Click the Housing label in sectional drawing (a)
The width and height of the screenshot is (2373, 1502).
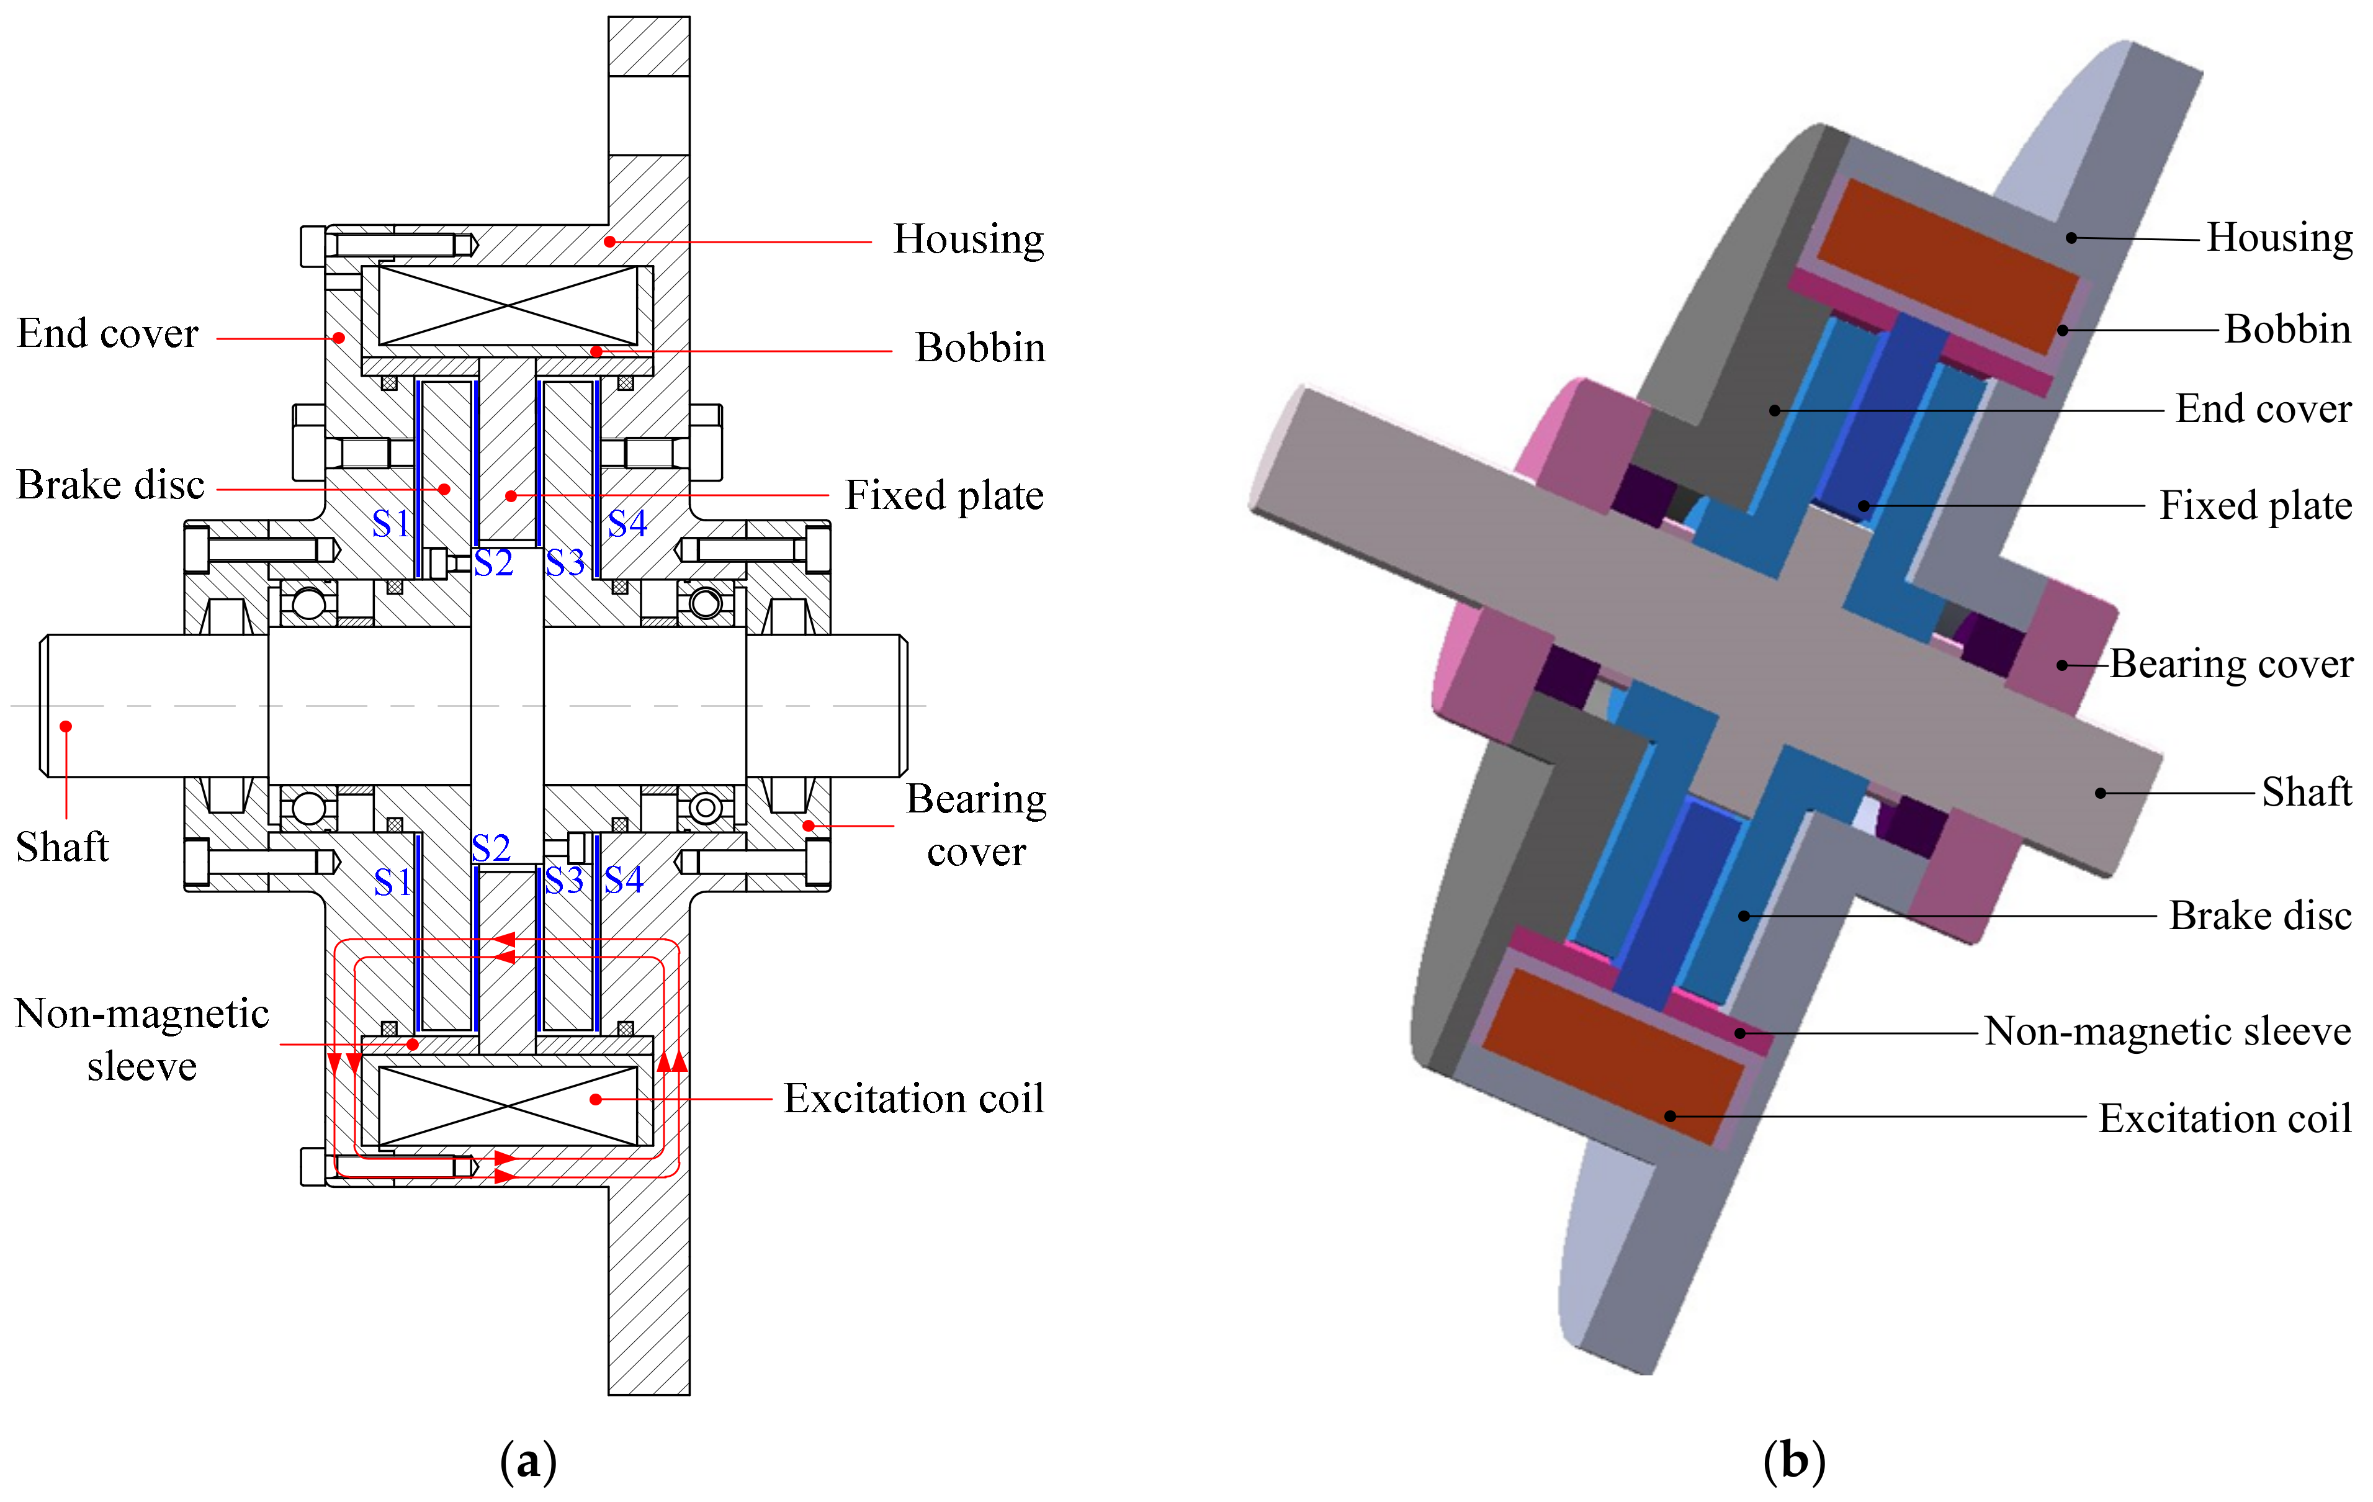coord(967,240)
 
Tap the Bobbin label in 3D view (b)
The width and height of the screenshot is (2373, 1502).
coord(2287,329)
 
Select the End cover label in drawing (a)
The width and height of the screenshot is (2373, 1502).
coord(107,333)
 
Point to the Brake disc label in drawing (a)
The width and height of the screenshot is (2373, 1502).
coord(110,485)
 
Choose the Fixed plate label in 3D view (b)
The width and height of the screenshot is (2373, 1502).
coord(2256,506)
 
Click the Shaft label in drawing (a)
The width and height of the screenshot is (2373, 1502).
coord(62,847)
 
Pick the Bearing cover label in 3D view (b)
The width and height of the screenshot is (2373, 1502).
coord(2231,664)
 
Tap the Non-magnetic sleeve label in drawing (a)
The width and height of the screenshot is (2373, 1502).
coord(142,1040)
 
